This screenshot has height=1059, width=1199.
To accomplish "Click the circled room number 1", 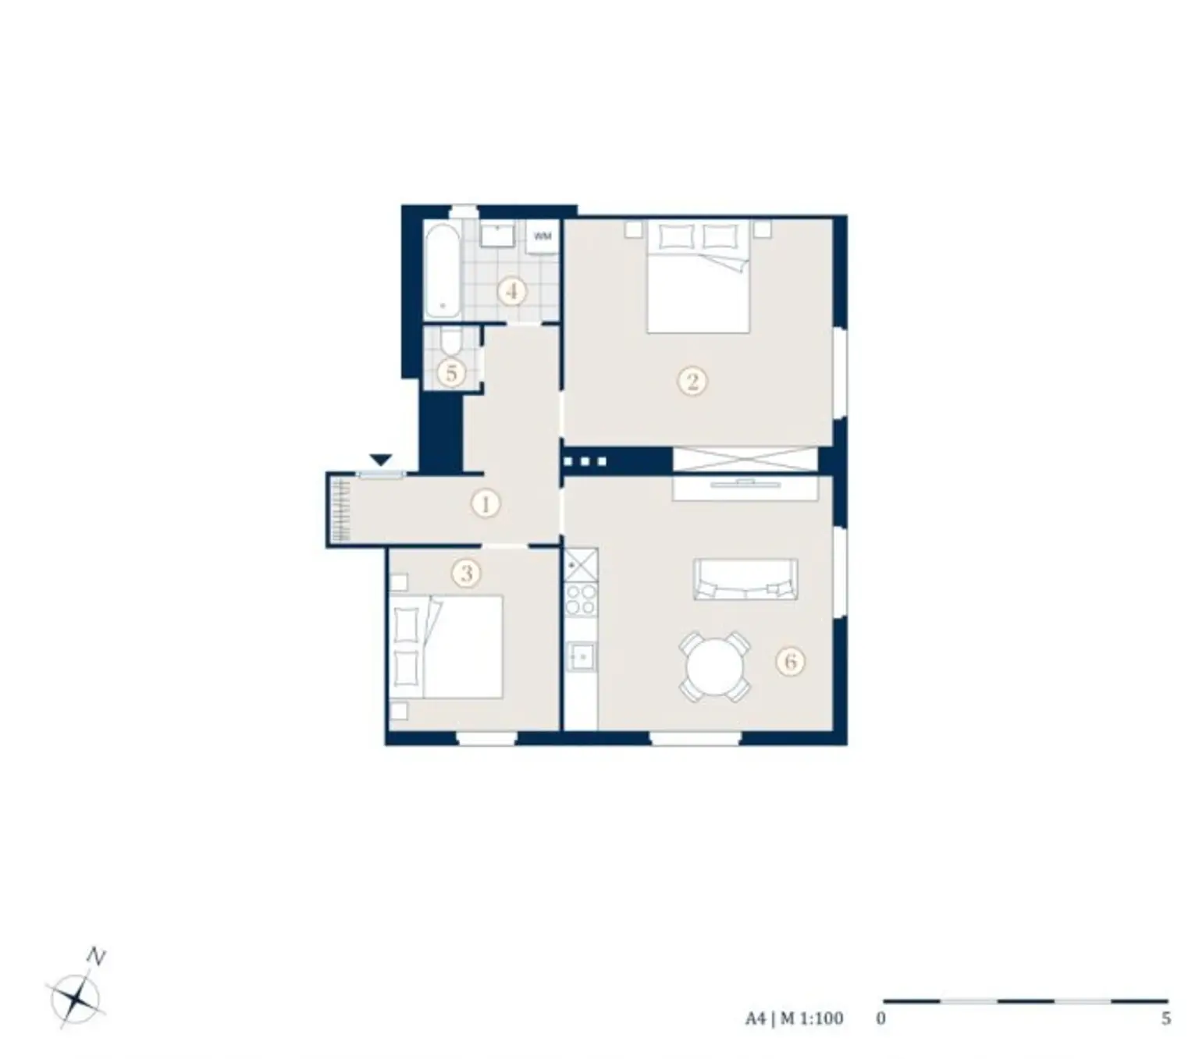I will pos(485,504).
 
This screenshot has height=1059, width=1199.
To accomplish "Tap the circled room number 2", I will pos(692,382).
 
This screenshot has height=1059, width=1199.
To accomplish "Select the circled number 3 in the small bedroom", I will pos(466,574).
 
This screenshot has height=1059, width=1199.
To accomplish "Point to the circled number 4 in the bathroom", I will pos(512,292).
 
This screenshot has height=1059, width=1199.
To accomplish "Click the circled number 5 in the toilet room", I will pos(451,373).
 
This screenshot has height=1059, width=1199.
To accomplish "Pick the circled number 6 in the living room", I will pos(790,662).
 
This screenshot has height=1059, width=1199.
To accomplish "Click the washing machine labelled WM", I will pos(543,236).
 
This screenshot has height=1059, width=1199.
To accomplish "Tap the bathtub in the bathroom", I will pos(443,270).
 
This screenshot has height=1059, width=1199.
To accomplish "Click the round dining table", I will pos(714,668).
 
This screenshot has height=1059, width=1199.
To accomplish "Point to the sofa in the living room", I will pos(745,579).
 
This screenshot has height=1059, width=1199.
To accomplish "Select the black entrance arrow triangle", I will pos(380,460).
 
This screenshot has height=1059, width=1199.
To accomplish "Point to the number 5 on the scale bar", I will pos(1165,1018).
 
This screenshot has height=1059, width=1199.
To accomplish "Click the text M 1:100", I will pos(812,1018).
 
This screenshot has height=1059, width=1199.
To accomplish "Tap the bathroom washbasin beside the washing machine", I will pos(496,235).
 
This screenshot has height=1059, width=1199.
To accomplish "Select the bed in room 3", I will pos(447,647).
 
